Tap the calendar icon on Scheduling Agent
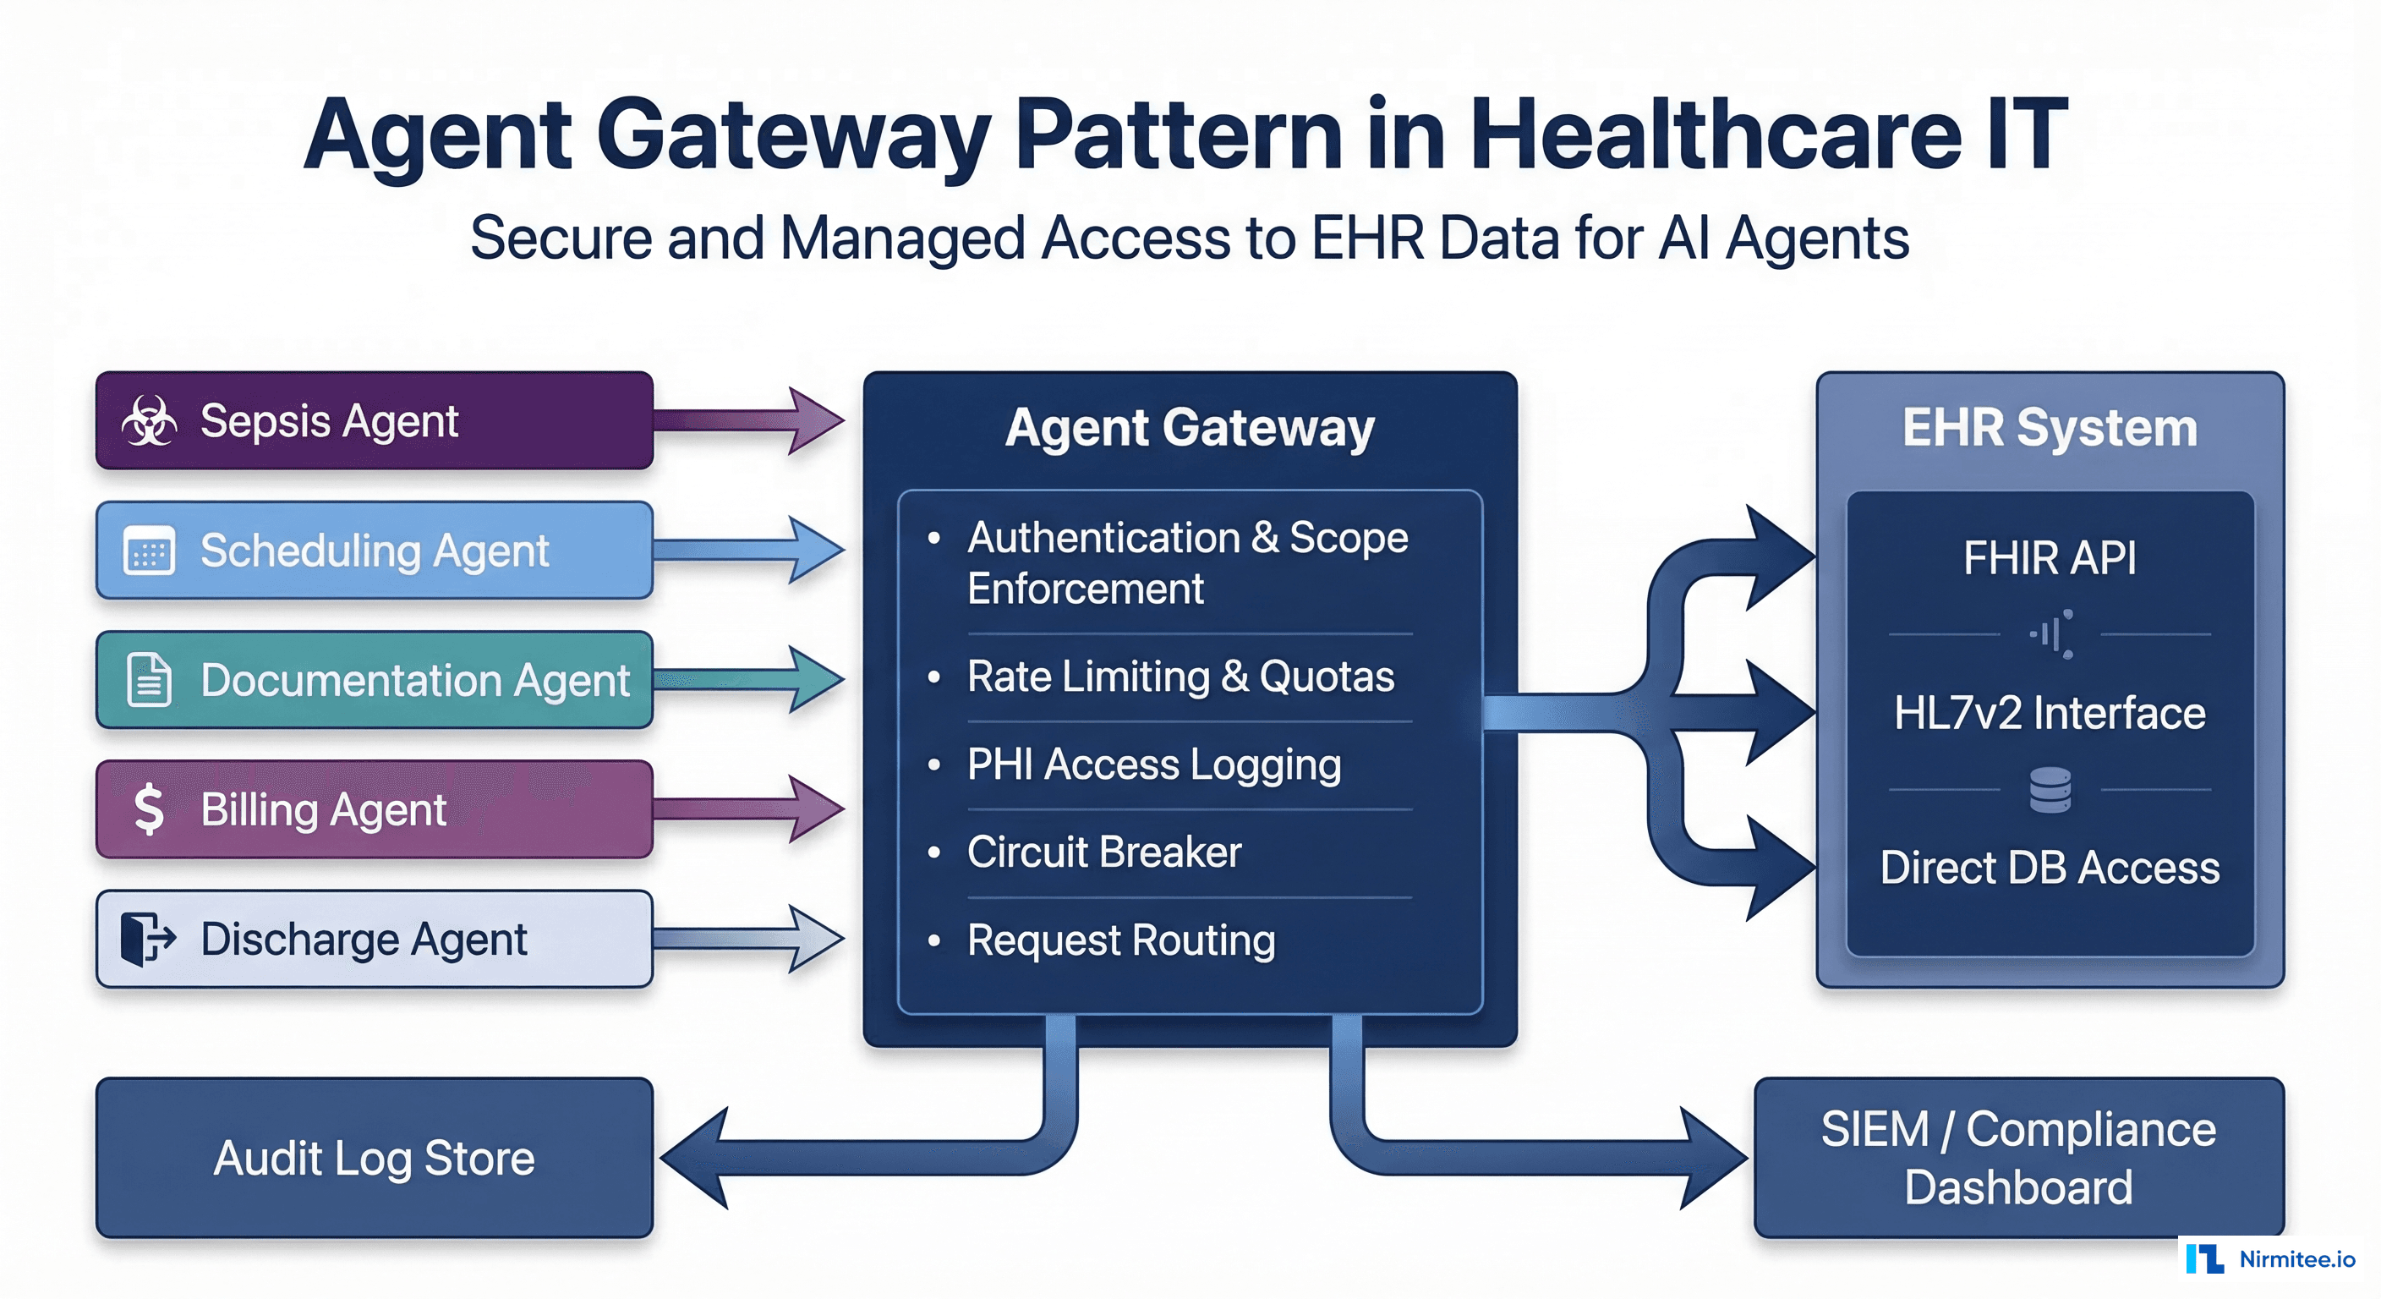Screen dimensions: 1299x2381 point(149,552)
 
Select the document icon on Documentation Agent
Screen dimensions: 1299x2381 point(149,680)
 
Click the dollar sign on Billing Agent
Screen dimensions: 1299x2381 point(149,809)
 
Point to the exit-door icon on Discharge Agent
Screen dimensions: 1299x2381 point(147,939)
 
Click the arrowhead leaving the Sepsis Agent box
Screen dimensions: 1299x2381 point(813,420)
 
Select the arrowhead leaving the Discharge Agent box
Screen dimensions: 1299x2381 point(813,939)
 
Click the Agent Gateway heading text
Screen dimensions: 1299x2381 point(1190,428)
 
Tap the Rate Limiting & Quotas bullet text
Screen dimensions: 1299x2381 point(1180,677)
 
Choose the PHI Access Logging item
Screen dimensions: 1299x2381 point(1153,765)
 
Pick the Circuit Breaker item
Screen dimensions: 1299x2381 point(1103,852)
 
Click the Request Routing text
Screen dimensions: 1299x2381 point(1120,940)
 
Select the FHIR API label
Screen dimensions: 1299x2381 point(2050,557)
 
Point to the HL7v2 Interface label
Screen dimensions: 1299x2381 point(2050,713)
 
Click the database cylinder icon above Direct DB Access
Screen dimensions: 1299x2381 point(2050,790)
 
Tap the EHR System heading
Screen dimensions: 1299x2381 point(2050,428)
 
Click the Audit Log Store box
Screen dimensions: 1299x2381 point(375,1158)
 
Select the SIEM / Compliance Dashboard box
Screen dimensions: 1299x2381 point(2017,1158)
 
